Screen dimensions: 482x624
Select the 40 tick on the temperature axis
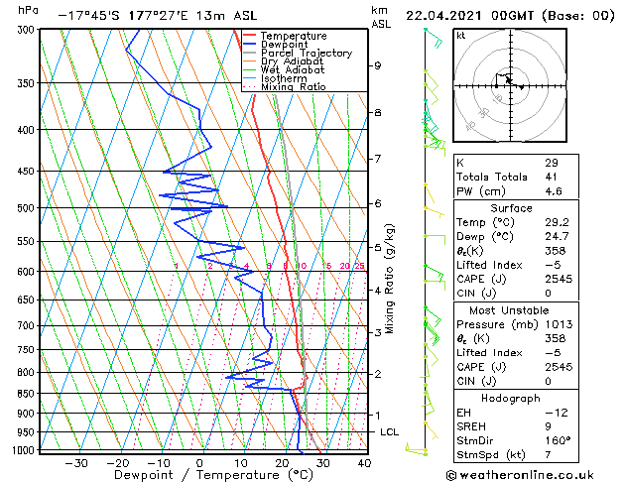click(x=364, y=462)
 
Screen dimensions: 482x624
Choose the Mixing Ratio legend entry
click(x=293, y=87)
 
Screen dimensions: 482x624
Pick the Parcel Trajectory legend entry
click(x=306, y=54)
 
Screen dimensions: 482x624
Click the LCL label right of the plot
click(x=389, y=432)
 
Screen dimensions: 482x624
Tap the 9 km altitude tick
click(x=378, y=65)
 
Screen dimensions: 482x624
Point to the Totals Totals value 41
click(x=551, y=177)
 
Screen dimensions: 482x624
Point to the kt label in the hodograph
click(x=461, y=35)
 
